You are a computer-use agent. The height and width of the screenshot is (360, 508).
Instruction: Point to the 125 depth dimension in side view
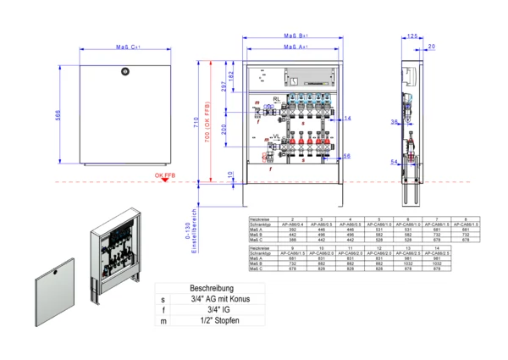[412, 37]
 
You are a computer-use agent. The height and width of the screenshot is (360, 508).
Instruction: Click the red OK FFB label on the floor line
[165, 176]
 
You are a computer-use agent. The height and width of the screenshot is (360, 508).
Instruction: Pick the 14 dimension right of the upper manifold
[346, 119]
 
